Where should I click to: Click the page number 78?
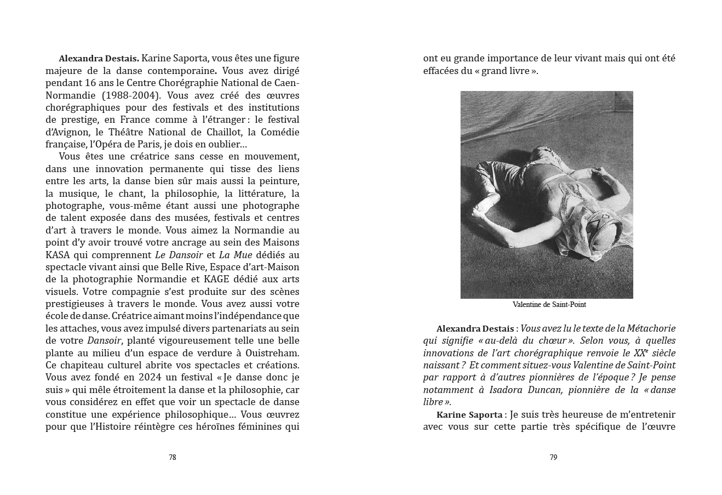click(x=172, y=458)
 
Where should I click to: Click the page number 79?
click(x=553, y=458)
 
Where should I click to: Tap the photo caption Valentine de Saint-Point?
click(x=549, y=305)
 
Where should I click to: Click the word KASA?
click(x=58, y=255)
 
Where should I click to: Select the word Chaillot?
click(x=222, y=132)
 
